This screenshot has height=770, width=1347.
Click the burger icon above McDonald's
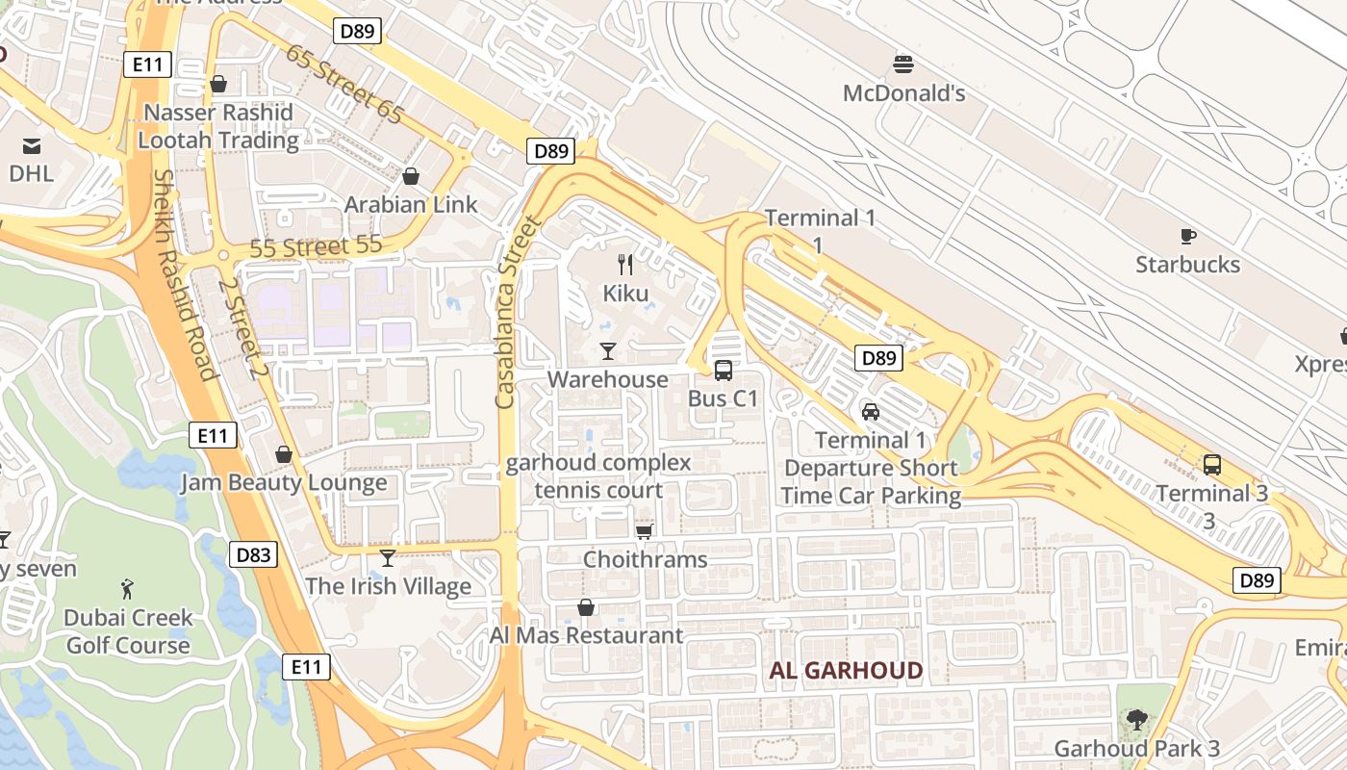tap(903, 64)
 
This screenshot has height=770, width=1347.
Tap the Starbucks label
tap(1187, 265)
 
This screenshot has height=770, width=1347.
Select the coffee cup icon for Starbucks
tap(1187, 236)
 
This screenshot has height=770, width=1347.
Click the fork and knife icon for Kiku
tap(625, 264)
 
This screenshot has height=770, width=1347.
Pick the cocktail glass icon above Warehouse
tap(607, 350)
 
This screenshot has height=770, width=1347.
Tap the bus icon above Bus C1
tap(724, 370)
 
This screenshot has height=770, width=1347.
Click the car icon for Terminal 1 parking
tap(871, 411)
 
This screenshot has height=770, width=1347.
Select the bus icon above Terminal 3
tap(1211, 465)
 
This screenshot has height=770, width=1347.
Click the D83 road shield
tap(254, 553)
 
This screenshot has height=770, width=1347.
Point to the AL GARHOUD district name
tap(846, 671)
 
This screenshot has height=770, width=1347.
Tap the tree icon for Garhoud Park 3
tap(1136, 719)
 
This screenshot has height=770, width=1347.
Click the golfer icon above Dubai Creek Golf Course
tap(127, 588)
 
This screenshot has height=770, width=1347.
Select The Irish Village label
tap(388, 586)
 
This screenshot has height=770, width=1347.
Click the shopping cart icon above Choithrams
tap(645, 531)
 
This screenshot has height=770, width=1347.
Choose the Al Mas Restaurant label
tap(586, 636)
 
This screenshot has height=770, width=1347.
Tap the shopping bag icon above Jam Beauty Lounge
tap(283, 454)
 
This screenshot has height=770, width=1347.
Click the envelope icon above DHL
tap(31, 145)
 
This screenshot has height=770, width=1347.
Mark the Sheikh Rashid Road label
tap(182, 274)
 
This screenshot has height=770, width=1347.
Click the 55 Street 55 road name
tap(316, 247)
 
